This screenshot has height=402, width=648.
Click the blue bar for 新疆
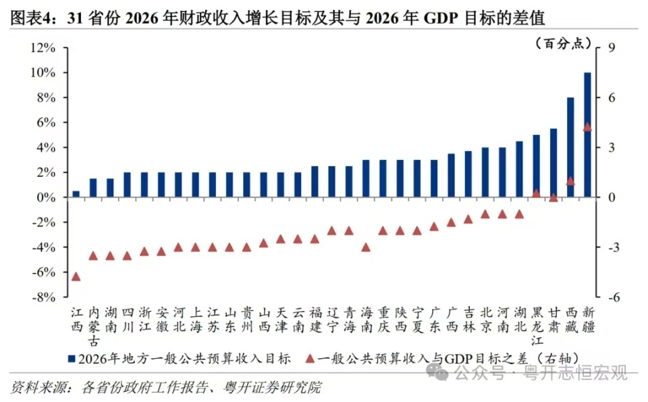[587, 135]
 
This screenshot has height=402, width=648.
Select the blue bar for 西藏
[570, 147]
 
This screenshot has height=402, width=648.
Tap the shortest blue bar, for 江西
[76, 194]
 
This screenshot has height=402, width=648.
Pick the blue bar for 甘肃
[553, 163]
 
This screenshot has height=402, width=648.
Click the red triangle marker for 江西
[76, 277]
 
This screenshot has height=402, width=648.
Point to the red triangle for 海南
[366, 248]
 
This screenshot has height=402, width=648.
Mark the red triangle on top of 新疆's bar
[587, 127]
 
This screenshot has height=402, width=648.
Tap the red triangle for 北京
[485, 214]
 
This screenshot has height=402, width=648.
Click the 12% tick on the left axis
[43, 48]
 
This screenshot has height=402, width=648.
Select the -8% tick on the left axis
[43, 297]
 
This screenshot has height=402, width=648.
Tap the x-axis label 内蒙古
[93, 320]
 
